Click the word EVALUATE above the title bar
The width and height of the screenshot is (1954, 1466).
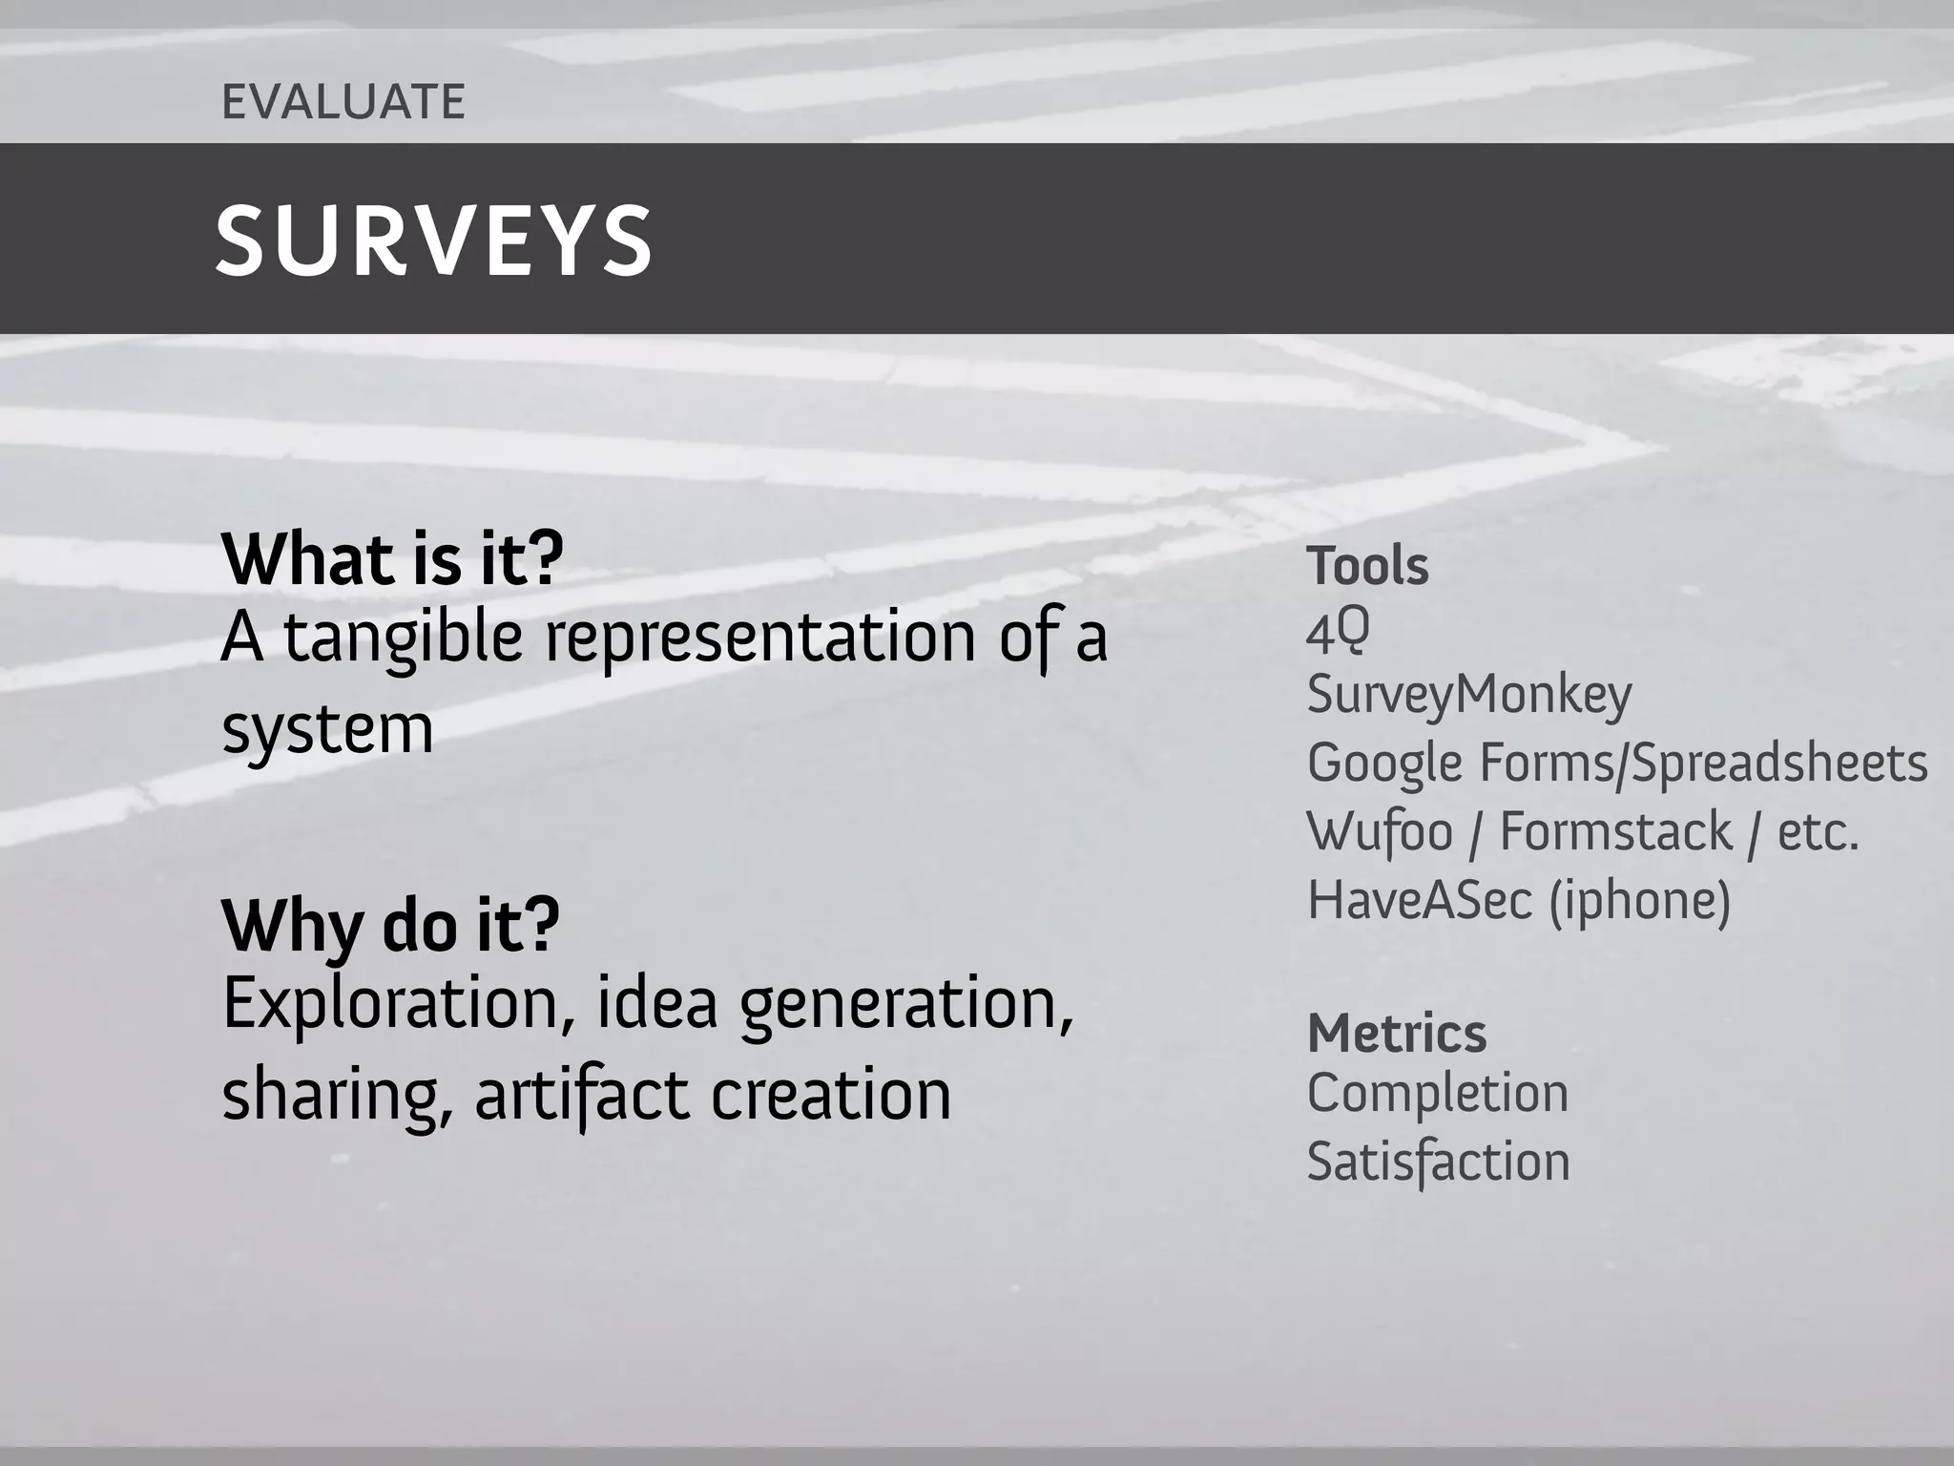pyautogui.click(x=343, y=102)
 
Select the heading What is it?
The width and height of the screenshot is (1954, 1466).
pyautogui.click(x=392, y=560)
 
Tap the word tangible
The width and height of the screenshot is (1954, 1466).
pyautogui.click(x=403, y=638)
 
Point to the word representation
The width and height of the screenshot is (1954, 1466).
pyautogui.click(x=760, y=638)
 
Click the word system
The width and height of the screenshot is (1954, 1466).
pyautogui.click(x=327, y=730)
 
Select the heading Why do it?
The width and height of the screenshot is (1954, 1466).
pyautogui.click(x=390, y=926)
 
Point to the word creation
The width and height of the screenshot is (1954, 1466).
pyautogui.click(x=830, y=1095)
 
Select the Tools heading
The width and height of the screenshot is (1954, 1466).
pyautogui.click(x=1366, y=566)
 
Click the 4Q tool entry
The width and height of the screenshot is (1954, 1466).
pyautogui.click(x=1337, y=632)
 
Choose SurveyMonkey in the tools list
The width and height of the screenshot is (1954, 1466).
pyautogui.click(x=1468, y=695)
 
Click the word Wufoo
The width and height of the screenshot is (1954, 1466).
pyautogui.click(x=1379, y=831)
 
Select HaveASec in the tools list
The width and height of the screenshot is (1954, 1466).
pyautogui.click(x=1419, y=900)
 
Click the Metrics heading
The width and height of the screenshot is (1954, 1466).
pyautogui.click(x=1396, y=1034)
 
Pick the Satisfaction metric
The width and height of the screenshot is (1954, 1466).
pyautogui.click(x=1437, y=1162)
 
